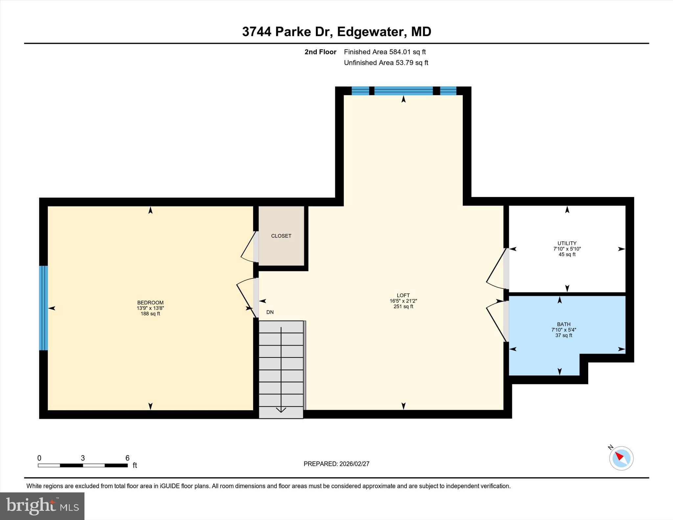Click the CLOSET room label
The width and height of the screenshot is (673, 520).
pyautogui.click(x=281, y=236)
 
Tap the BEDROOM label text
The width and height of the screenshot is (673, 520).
pyautogui.click(x=150, y=303)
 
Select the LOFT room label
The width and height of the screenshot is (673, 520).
pyautogui.click(x=403, y=295)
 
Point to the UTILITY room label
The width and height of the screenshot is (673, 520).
pyautogui.click(x=567, y=243)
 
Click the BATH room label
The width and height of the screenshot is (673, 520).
pyautogui.click(x=564, y=324)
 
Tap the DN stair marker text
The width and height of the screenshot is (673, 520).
pyautogui.click(x=270, y=312)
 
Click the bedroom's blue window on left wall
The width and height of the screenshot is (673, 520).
pyautogui.click(x=43, y=308)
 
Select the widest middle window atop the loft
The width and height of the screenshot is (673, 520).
pyautogui.click(x=403, y=91)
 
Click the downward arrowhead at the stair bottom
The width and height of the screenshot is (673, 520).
pyautogui.click(x=281, y=410)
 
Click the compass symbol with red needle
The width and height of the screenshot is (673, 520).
pyautogui.click(x=621, y=458)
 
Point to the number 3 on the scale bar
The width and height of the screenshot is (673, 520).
pyautogui.click(x=83, y=458)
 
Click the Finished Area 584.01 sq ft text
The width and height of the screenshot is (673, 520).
pyautogui.click(x=384, y=52)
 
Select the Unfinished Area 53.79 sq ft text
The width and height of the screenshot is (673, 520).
pyautogui.click(x=386, y=63)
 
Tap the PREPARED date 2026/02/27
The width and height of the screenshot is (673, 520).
pyautogui.click(x=336, y=464)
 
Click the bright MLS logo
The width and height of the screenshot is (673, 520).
pyautogui.click(x=42, y=506)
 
